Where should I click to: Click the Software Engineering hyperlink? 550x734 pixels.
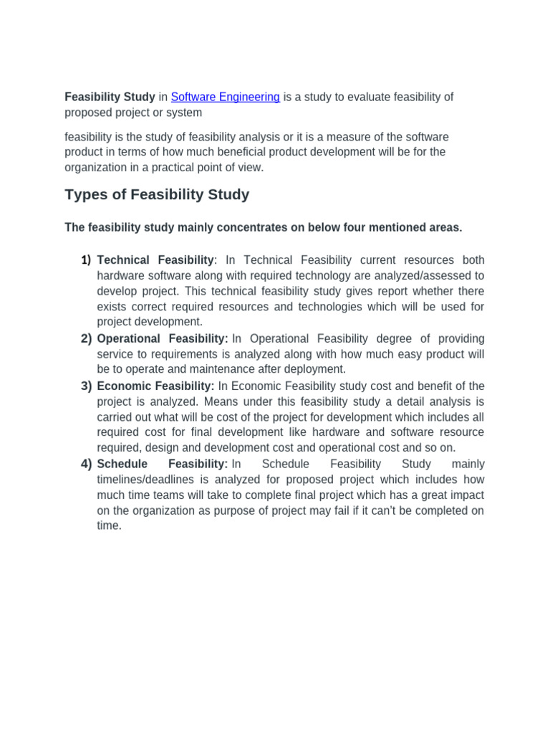(225, 97)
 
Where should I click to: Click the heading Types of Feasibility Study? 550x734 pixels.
(157, 194)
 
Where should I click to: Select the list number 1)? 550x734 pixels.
(86, 259)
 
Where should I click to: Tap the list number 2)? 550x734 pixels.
(86, 338)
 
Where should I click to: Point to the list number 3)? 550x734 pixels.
(86, 386)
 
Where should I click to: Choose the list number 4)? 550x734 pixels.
(86, 464)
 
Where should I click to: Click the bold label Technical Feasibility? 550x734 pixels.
(155, 259)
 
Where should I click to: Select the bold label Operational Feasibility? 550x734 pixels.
(163, 338)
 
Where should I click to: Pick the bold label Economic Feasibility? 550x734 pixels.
(155, 386)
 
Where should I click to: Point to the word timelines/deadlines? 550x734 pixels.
(146, 480)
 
